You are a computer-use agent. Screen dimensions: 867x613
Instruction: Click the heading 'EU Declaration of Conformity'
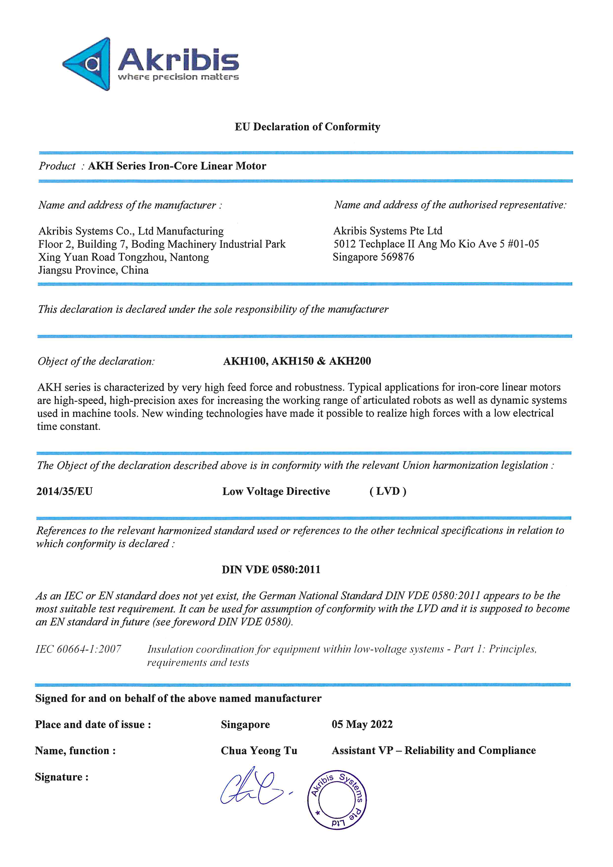tap(307, 127)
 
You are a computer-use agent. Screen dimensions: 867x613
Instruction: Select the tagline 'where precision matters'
tap(178, 77)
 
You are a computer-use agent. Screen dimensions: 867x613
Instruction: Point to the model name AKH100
tap(245, 361)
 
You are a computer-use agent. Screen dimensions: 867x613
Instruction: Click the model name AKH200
tap(350, 361)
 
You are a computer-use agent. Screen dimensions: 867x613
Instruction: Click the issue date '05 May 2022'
tap(362, 724)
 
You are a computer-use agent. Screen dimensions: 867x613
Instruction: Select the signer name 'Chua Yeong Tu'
tap(259, 751)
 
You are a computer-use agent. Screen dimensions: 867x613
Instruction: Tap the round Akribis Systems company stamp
tap(337, 800)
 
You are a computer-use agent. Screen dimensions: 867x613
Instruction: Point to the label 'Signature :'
tap(62, 777)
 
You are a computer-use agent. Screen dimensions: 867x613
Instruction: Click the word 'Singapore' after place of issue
tap(245, 725)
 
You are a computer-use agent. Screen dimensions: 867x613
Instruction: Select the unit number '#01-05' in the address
tap(523, 244)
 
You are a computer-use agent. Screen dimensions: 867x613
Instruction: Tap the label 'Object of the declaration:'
tap(96, 361)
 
